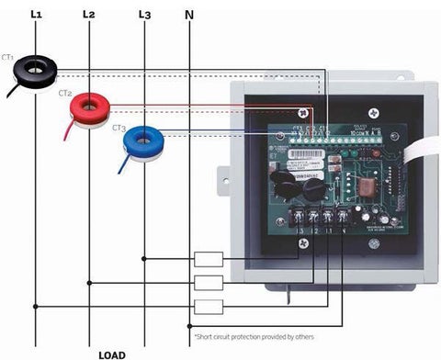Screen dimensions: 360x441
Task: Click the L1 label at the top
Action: coord(36,14)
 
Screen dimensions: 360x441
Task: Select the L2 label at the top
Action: coord(88,14)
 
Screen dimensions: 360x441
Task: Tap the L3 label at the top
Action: coord(143,14)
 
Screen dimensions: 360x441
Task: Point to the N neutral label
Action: coord(189,14)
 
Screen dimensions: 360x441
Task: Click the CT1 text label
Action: coord(9,56)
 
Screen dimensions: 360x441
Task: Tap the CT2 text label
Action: coord(65,93)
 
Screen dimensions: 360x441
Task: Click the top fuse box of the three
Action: coord(209,258)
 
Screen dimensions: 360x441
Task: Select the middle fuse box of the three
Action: coord(209,282)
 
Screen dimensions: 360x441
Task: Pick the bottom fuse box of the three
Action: coord(209,306)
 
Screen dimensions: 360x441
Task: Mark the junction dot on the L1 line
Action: coord(36,306)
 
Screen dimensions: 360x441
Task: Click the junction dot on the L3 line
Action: coord(144,258)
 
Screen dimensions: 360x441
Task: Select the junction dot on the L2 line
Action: coord(89,282)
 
